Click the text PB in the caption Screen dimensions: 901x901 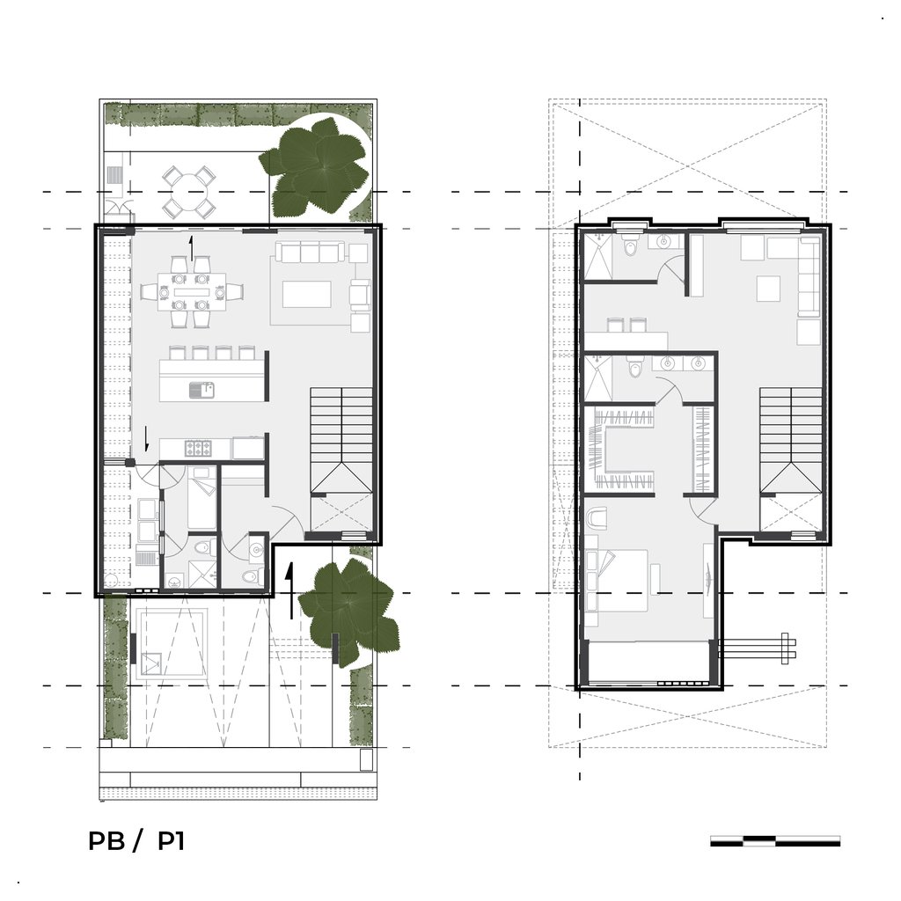(x=106, y=841)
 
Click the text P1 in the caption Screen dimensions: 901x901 (x=172, y=841)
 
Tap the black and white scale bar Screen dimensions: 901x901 (x=775, y=841)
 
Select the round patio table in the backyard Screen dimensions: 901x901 (x=189, y=191)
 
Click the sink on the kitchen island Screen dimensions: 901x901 (x=201, y=391)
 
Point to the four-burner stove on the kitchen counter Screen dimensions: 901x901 (x=196, y=448)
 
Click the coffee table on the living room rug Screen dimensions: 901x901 (x=307, y=294)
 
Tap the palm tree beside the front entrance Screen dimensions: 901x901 (x=349, y=609)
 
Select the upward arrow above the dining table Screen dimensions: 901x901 (x=192, y=248)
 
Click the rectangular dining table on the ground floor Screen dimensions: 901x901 (x=192, y=292)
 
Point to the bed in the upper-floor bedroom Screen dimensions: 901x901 (x=618, y=581)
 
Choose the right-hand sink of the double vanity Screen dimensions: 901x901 (x=698, y=363)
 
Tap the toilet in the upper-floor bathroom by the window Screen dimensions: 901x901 (x=630, y=245)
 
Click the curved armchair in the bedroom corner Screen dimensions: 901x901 (x=597, y=517)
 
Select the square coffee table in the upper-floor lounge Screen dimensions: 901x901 (x=768, y=289)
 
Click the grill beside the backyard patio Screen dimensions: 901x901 (x=115, y=175)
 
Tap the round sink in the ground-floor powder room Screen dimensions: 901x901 (x=256, y=550)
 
